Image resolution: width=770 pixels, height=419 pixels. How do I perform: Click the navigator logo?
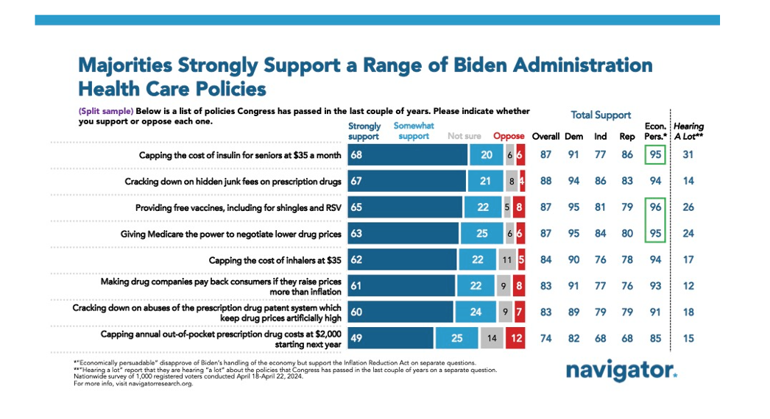pos(621,370)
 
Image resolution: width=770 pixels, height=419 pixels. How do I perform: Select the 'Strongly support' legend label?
pos(364,132)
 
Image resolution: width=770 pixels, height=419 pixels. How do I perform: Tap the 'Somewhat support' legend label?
pos(414,132)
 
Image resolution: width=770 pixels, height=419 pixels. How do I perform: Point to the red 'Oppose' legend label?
pos(509,136)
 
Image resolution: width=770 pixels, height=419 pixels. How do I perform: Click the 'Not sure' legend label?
pos(465,136)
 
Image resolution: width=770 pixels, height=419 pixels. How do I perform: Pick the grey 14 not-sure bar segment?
pos(491,338)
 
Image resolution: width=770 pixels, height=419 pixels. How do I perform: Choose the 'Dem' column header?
pos(573,136)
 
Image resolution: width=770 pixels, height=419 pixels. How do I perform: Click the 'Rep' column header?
pos(627,136)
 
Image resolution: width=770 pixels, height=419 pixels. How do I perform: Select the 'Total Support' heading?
pos(601,115)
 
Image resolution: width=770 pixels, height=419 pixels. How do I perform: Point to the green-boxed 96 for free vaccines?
pos(654,207)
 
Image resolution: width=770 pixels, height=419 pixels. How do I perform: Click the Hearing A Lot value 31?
pos(688,155)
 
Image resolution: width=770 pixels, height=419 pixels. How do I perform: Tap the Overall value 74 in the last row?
pos(545,338)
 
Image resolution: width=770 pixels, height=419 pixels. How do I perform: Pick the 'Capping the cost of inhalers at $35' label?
pos(275,259)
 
